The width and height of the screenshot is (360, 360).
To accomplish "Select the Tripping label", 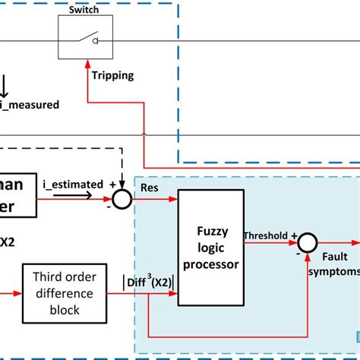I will (x=113, y=75).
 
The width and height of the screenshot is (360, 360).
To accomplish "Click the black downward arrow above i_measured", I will (x=6, y=84).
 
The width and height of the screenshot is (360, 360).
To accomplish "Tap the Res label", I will (x=149, y=185).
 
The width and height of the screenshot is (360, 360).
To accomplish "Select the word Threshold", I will (x=265, y=235).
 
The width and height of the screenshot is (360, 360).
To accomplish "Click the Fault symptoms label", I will (x=334, y=264).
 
